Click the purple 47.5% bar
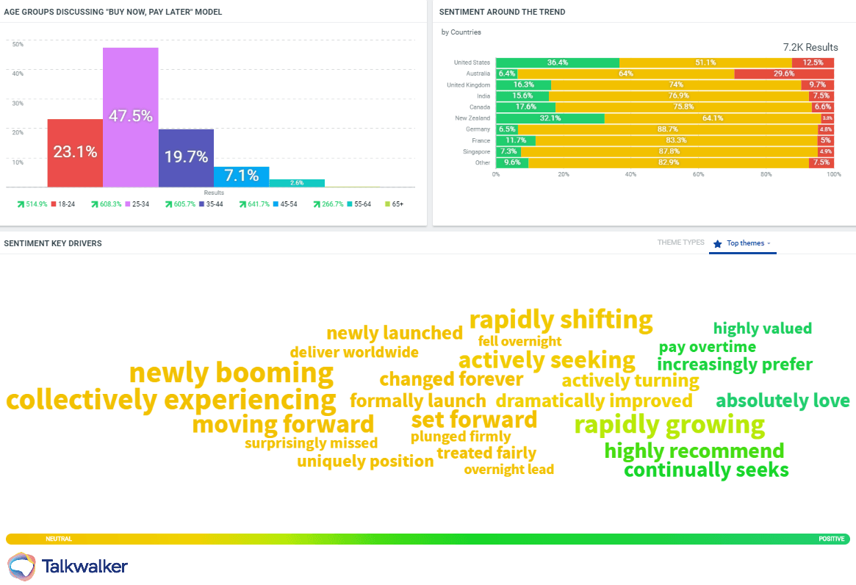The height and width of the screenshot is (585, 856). coord(131,117)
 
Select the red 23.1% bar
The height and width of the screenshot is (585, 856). coord(75,153)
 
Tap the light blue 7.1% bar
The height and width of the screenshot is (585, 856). coord(241,176)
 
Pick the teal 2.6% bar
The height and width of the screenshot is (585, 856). coord(296,183)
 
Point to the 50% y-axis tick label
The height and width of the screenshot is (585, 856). coord(18,44)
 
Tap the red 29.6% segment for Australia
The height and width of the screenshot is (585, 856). coord(784,73)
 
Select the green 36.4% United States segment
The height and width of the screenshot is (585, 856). coord(557,62)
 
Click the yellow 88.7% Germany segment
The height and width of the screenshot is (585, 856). coord(667,129)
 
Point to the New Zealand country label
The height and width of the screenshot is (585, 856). coord(472,118)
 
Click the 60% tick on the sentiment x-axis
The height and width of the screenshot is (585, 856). coord(699,174)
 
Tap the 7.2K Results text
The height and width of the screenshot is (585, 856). coord(810,47)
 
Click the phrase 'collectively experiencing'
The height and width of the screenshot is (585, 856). coord(170,401)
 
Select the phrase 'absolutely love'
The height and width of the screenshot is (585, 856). coord(783,401)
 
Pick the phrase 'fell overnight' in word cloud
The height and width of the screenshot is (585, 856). coord(519,341)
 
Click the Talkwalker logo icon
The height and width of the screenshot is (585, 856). coord(21,566)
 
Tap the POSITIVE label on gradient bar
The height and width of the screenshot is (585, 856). coord(831,539)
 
